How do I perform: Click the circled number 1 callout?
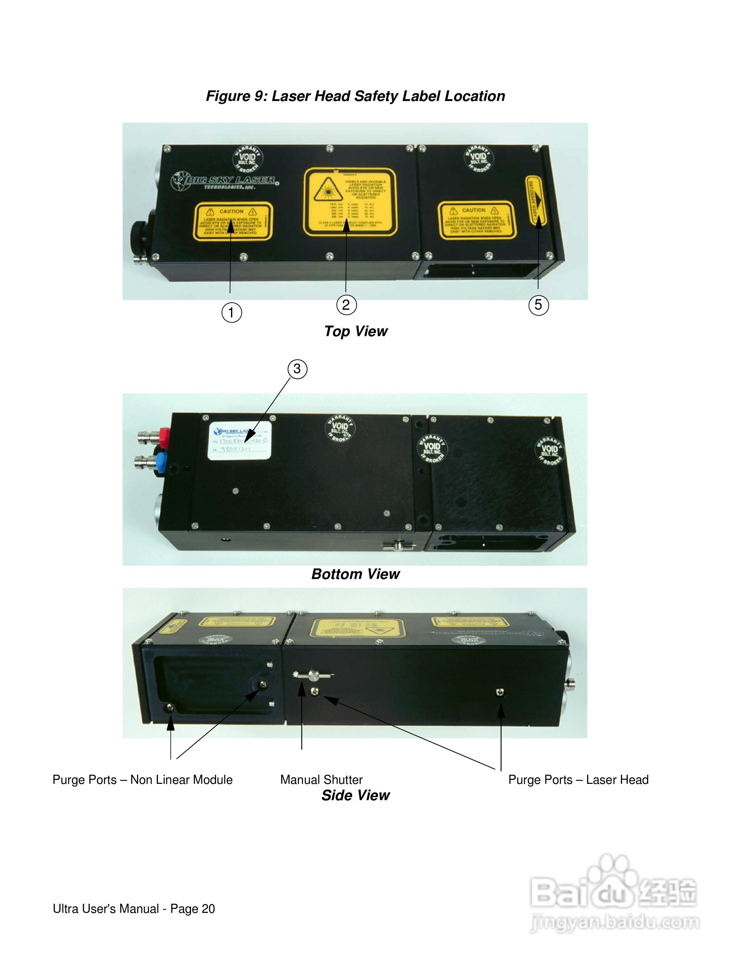(x=231, y=313)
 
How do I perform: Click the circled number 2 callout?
(x=346, y=305)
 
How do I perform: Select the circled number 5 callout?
(x=538, y=305)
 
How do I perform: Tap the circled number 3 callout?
(x=297, y=368)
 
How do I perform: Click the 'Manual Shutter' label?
(x=321, y=780)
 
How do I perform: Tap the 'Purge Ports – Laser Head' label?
(x=578, y=780)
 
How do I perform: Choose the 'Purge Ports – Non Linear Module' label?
(x=142, y=780)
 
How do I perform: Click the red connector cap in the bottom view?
(x=164, y=437)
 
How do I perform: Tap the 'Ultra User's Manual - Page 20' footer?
(x=134, y=909)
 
